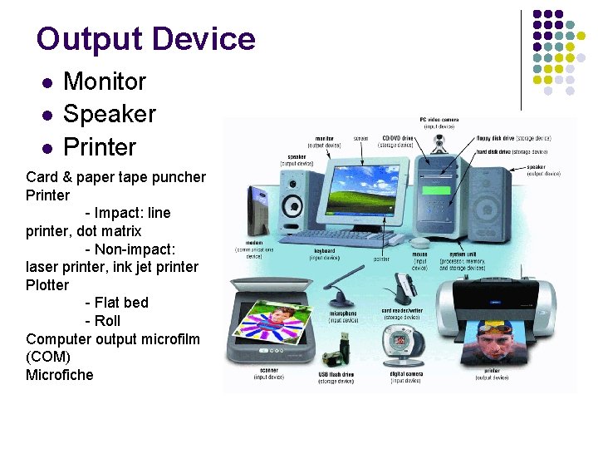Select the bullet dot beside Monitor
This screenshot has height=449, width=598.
(48, 83)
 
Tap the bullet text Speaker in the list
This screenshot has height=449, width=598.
(109, 114)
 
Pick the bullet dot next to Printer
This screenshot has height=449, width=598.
(48, 149)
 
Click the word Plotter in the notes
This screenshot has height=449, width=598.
(47, 284)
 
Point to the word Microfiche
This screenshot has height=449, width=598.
(60, 374)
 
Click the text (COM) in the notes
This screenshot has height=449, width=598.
(47, 356)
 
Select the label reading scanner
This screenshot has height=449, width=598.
(268, 370)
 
